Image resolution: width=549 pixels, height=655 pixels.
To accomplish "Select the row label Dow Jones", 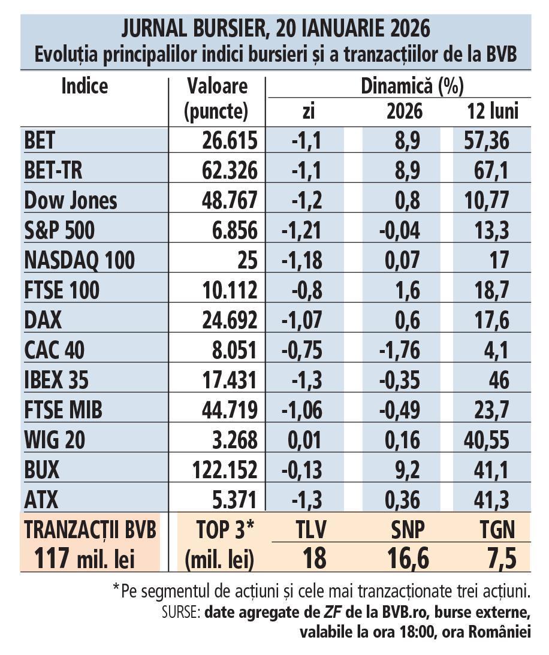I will coord(71,201).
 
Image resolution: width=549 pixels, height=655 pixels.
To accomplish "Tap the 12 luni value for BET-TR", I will coord(486,171).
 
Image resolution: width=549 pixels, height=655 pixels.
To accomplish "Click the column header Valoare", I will coord(217,86).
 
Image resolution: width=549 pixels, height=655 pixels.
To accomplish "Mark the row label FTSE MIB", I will coord(64,410).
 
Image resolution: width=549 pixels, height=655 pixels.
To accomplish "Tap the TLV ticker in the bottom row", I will coord(311,530).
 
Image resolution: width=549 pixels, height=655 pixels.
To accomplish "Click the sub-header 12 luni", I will coord(491,111).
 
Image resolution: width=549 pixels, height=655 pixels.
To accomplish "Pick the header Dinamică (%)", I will coord(412,86).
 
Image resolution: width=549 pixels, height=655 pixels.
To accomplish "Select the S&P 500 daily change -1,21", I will coord(303,231).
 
